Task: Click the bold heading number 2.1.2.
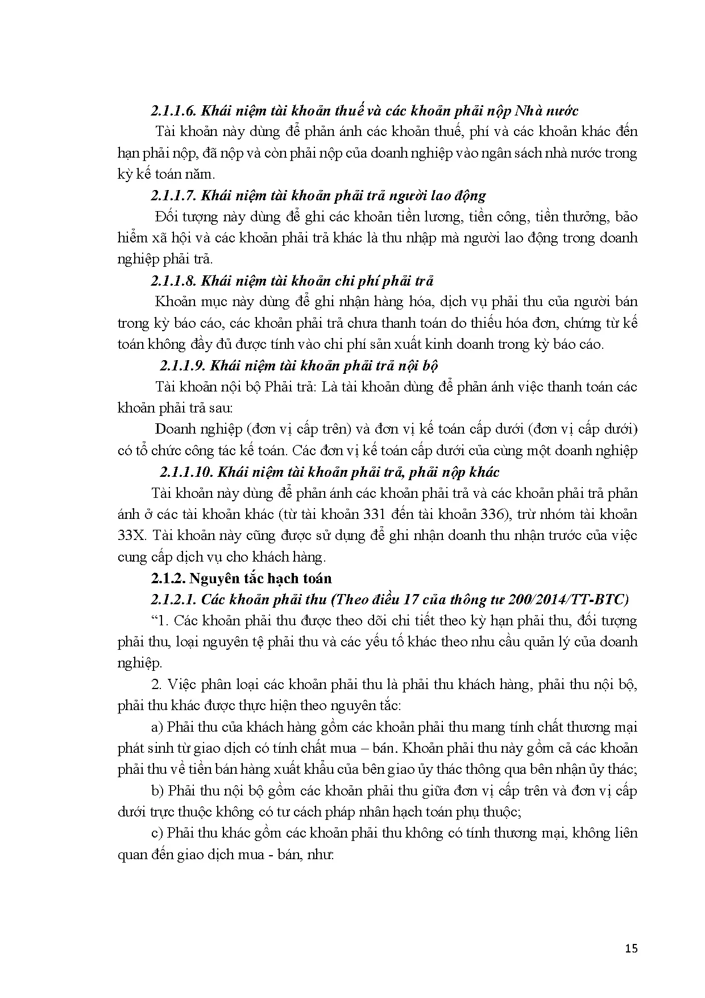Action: [168, 578]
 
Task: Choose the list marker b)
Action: [157, 791]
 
